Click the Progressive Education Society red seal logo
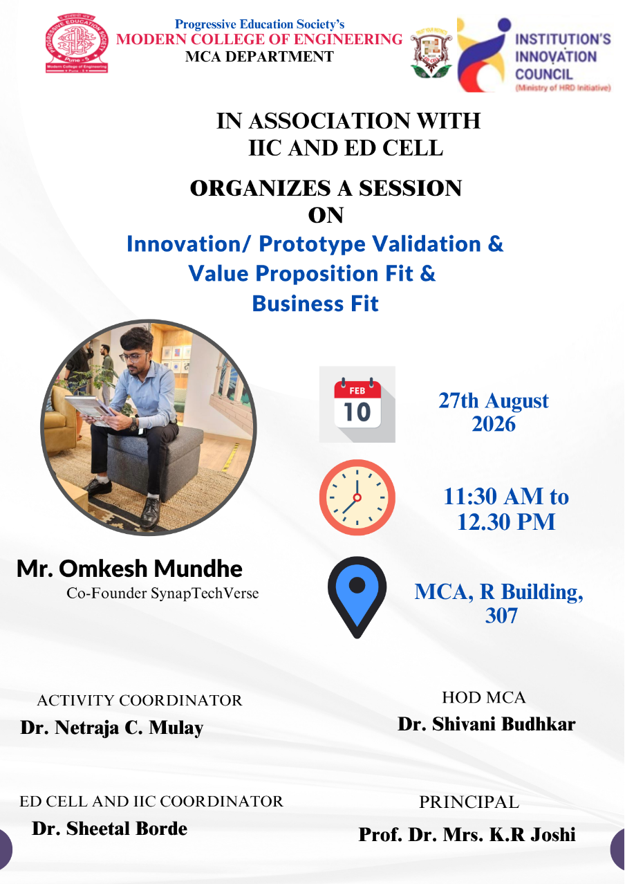(77, 44)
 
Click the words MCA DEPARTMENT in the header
(260, 57)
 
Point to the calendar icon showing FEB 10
(357, 404)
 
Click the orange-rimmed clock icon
(357, 497)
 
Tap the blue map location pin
(357, 597)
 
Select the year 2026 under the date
(494, 424)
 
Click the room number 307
(501, 616)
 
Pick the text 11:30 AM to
(506, 497)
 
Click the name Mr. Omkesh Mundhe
(129, 569)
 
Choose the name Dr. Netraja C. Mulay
(112, 727)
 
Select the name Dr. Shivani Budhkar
(487, 724)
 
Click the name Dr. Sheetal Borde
(110, 829)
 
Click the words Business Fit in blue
(315, 304)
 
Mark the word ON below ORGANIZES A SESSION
(326, 216)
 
